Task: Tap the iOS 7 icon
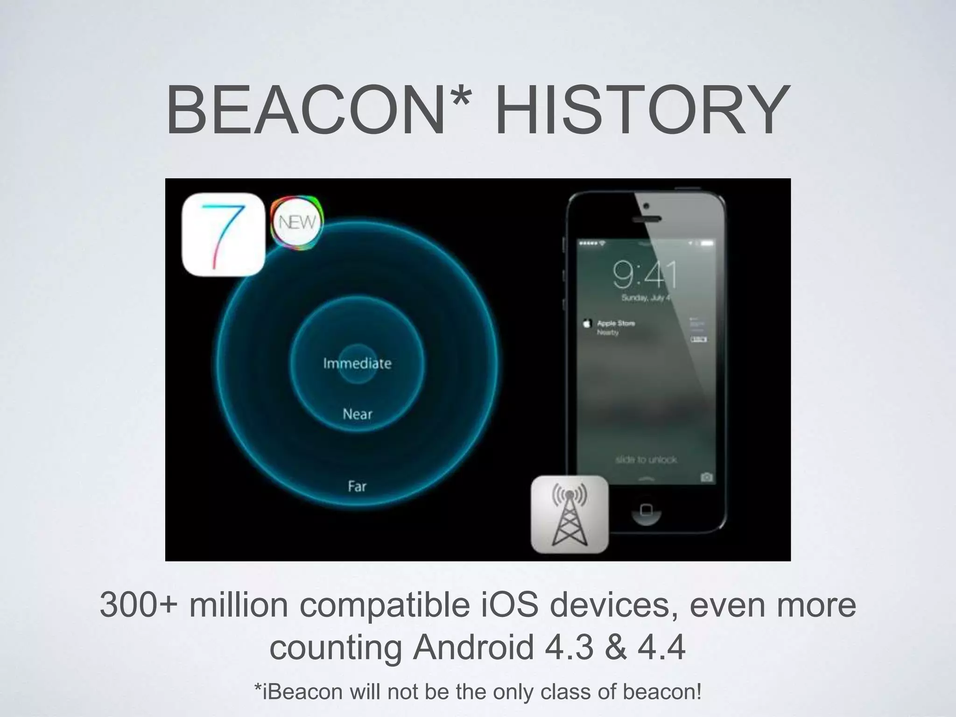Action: click(223, 234)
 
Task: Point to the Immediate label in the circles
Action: click(357, 363)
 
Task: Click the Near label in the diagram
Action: click(357, 414)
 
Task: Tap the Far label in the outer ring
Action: click(357, 486)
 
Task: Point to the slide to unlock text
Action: click(646, 460)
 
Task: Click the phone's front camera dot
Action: click(646, 206)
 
